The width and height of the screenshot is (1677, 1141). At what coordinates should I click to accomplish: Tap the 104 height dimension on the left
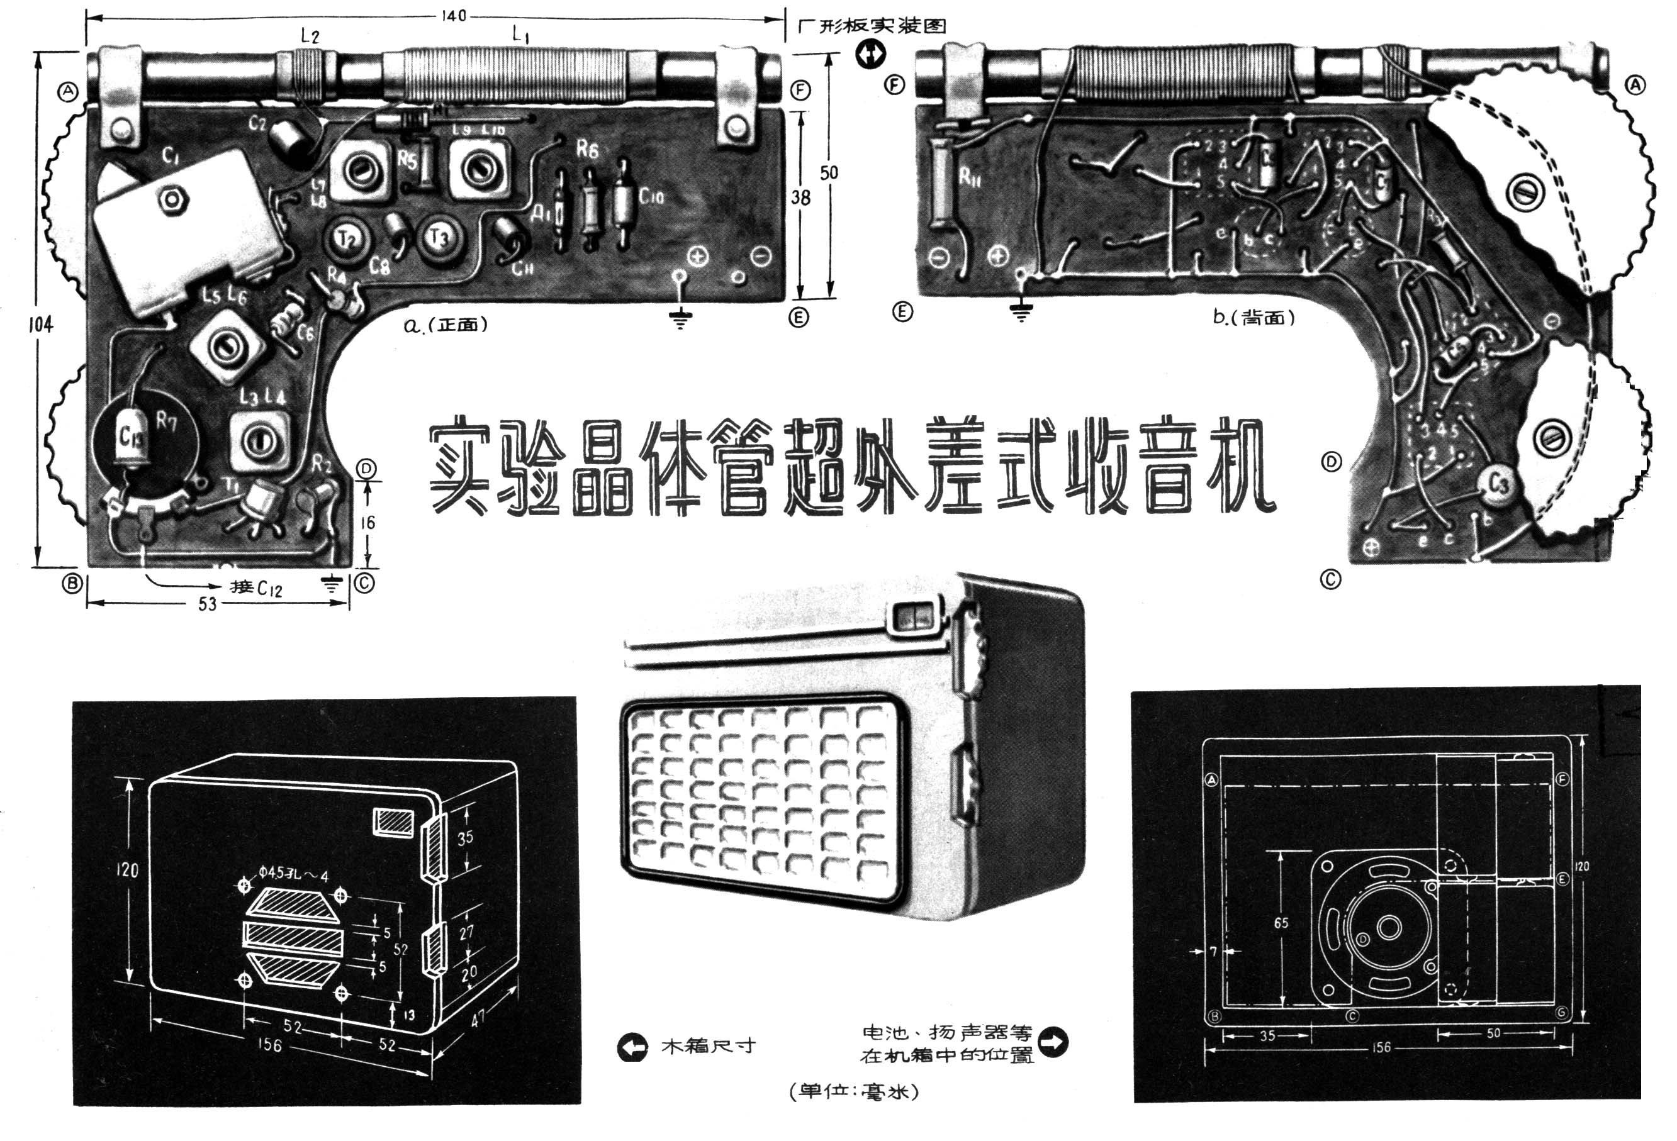tap(40, 325)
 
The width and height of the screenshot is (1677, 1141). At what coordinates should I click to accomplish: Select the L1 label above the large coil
tap(520, 34)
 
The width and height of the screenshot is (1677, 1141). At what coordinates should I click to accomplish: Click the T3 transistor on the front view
tap(439, 237)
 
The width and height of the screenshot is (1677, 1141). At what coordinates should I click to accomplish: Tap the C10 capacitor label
tap(650, 196)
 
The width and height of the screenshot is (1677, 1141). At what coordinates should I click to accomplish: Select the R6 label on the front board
tap(586, 149)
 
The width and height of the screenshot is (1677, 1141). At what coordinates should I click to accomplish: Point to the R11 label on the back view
tap(969, 176)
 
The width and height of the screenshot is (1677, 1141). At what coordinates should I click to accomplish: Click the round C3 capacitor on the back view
tap(1497, 484)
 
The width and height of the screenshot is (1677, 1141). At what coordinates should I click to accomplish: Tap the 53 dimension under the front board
tap(207, 604)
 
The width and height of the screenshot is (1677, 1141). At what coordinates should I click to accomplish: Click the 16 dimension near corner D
tap(368, 523)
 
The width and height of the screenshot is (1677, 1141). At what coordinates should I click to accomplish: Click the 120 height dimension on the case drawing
tap(127, 870)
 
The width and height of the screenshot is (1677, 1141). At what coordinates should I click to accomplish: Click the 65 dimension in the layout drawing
tap(1281, 923)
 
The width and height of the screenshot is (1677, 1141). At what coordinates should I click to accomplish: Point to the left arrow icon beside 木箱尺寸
tap(633, 1047)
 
